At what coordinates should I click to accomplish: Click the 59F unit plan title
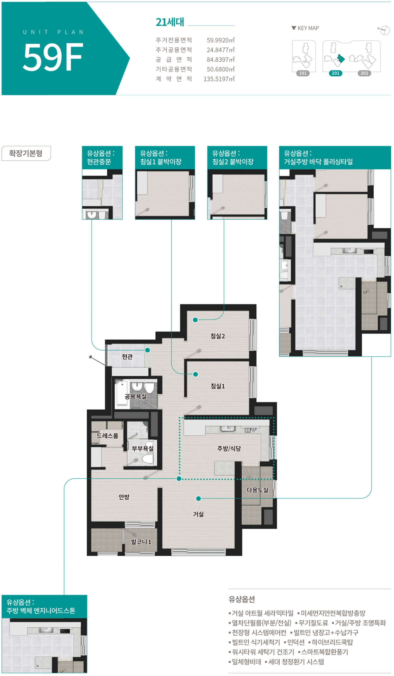pos(53,57)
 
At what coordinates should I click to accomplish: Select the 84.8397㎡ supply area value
pos(220,59)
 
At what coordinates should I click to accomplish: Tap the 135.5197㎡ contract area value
pos(219,79)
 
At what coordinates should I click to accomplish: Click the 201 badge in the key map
pos(335,73)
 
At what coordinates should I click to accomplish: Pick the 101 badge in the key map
pos(303,73)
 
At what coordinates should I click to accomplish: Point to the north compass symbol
pos(384,30)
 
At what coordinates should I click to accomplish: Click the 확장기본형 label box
pos(26,153)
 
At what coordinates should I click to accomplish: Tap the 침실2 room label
pos(218,336)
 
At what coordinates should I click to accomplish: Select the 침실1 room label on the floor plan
pos(218,386)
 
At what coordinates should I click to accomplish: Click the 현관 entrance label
pos(127,356)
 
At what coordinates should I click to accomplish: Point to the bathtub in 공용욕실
pos(122,394)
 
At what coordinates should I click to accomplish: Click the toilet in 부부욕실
pos(148,458)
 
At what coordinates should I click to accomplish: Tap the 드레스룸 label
pos(107,436)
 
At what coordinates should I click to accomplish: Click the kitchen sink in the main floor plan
pos(228,429)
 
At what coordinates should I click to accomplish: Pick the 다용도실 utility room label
pos(257,490)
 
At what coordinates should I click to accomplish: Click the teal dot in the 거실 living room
pos(198,498)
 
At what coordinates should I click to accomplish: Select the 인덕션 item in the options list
pos(296,642)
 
